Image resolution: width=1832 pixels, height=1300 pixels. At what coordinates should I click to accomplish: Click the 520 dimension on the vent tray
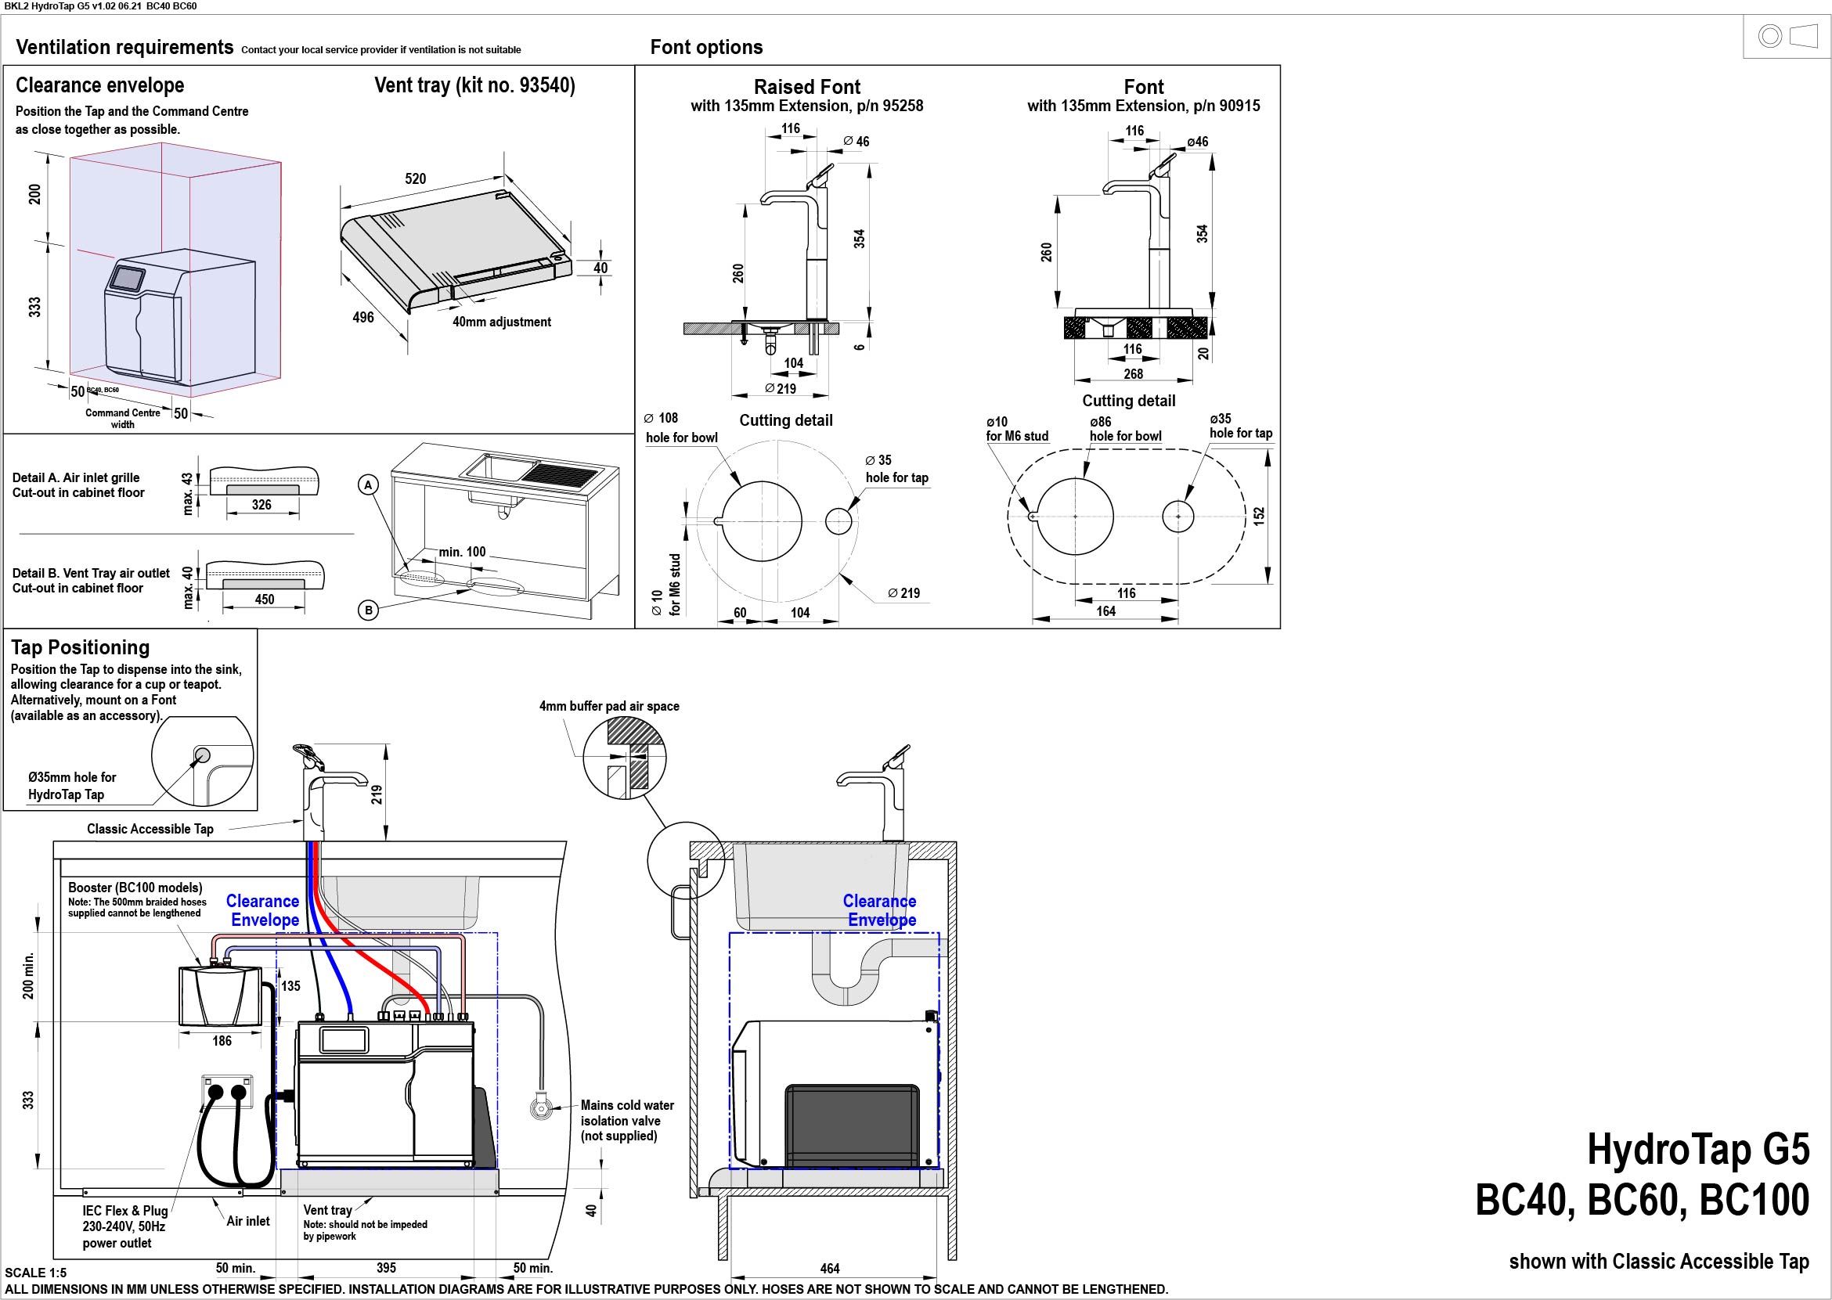pyautogui.click(x=415, y=178)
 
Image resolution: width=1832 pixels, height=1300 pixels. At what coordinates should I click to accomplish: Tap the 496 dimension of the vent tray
pyautogui.click(x=362, y=318)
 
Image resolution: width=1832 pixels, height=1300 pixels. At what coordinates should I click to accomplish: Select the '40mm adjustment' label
pyautogui.click(x=501, y=322)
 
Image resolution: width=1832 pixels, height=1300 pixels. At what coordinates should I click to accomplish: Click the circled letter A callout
pyautogui.click(x=368, y=485)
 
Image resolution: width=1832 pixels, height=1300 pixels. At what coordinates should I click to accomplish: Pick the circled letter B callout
pyautogui.click(x=368, y=610)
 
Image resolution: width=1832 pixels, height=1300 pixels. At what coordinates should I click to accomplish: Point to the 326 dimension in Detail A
pyautogui.click(x=261, y=505)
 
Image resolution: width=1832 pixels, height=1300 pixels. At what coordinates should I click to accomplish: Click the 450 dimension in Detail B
pyautogui.click(x=265, y=600)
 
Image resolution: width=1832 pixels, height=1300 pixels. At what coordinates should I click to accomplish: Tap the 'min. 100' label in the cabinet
pyautogui.click(x=462, y=552)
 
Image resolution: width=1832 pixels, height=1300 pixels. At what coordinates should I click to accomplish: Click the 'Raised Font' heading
pyautogui.click(x=807, y=86)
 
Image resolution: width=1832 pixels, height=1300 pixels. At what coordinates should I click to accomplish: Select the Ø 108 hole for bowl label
pyautogui.click(x=681, y=427)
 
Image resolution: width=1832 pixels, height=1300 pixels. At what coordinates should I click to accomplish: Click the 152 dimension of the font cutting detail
pyautogui.click(x=1259, y=517)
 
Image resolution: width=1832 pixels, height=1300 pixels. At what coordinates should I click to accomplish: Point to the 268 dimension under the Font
pyautogui.click(x=1133, y=374)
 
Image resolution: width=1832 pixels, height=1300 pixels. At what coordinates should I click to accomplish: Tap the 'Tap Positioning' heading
pyautogui.click(x=80, y=647)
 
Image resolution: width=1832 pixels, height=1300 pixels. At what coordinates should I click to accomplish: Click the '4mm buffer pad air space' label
pyautogui.click(x=608, y=706)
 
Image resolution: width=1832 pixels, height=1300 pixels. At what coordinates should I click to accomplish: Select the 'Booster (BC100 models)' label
pyautogui.click(x=135, y=888)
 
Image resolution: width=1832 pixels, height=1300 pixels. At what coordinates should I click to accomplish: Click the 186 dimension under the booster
pyautogui.click(x=222, y=1041)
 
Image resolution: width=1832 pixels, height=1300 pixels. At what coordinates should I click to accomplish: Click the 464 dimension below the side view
pyautogui.click(x=831, y=1269)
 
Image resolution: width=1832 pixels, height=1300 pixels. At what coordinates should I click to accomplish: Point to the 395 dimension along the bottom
pyautogui.click(x=386, y=1268)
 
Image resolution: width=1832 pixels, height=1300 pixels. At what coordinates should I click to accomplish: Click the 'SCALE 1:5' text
pyautogui.click(x=36, y=1273)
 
